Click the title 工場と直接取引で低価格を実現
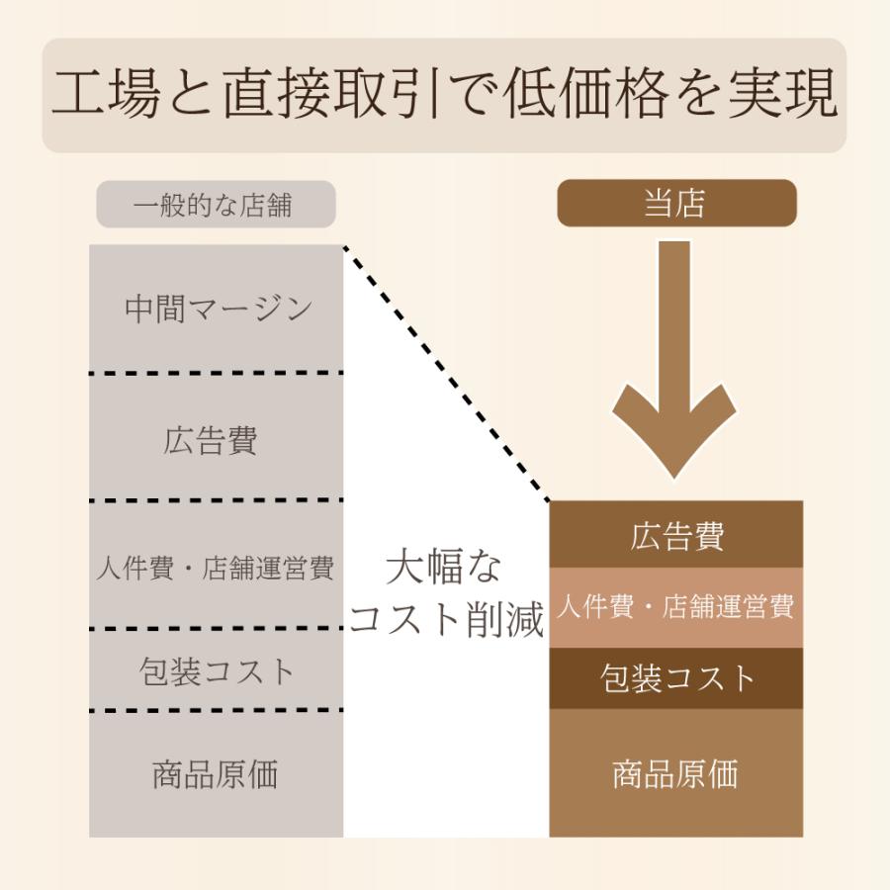coord(444,95)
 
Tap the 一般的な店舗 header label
coord(216,206)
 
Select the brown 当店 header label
coord(676,204)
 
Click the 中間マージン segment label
coord(218,309)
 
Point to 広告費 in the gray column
coord(211,439)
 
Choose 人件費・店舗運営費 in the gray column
coord(216,569)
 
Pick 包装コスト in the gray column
coord(217,671)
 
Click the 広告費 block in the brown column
coord(676,536)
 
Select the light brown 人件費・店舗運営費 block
coord(676,606)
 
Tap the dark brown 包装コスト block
coord(676,678)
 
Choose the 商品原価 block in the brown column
coord(676,773)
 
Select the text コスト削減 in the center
coord(447,619)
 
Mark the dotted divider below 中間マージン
coord(216,373)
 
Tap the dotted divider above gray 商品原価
coord(216,710)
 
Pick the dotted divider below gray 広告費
coord(216,500)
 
